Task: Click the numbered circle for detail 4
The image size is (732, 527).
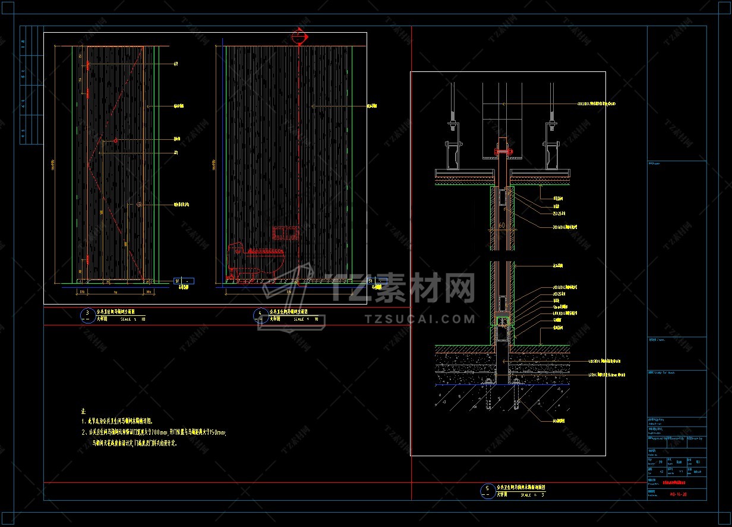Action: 260,314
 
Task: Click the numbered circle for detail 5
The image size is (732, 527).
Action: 487,490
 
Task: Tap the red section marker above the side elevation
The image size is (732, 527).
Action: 299,37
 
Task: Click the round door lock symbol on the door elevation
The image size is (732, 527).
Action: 138,205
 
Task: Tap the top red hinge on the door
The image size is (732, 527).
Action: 88,64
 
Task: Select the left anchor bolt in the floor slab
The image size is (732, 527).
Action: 489,393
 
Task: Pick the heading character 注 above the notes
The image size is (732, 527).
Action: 84,411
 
